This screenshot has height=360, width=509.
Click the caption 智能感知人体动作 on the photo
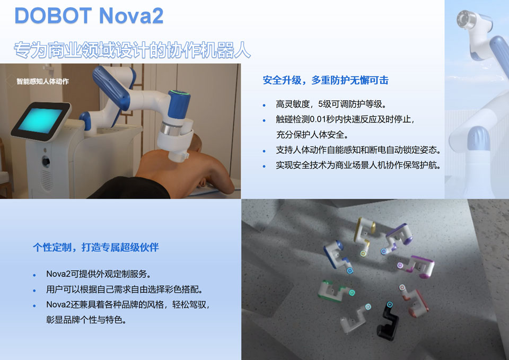click(42, 82)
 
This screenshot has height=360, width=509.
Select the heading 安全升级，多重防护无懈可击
click(326, 81)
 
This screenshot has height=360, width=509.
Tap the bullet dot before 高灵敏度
click(265, 105)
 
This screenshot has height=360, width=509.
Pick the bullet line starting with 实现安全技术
click(358, 165)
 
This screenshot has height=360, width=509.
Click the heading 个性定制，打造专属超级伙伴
click(96, 248)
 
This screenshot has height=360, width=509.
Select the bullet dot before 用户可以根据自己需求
click(34, 291)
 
